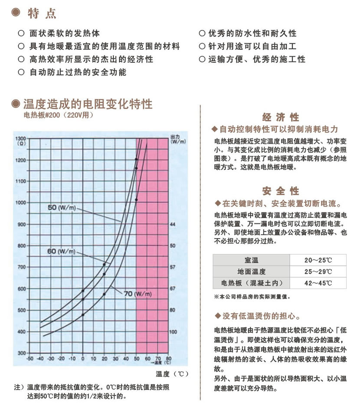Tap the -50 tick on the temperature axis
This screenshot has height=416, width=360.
click(x=29, y=359)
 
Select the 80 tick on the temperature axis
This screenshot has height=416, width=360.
click(x=169, y=359)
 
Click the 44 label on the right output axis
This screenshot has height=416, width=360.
click(x=172, y=224)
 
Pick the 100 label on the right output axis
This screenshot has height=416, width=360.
click(x=173, y=332)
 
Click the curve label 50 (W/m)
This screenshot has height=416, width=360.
click(x=62, y=208)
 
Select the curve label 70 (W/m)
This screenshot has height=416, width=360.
click(x=138, y=294)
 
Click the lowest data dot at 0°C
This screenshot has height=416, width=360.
click(x=83, y=314)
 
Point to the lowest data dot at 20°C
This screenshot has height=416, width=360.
click(x=104, y=294)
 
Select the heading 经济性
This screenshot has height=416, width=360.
click(x=281, y=118)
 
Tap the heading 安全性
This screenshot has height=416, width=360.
click(x=281, y=191)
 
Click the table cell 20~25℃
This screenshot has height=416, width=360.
click(x=318, y=260)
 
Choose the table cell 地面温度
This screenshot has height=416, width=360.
click(x=252, y=272)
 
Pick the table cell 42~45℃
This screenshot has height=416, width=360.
click(x=318, y=283)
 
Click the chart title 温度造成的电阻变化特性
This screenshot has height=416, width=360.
click(x=88, y=104)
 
